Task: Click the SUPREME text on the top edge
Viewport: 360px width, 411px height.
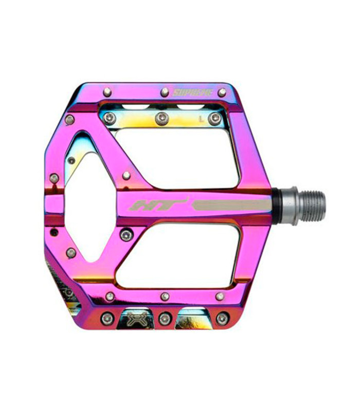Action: pos(191,93)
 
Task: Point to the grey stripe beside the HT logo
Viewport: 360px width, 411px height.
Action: pos(231,205)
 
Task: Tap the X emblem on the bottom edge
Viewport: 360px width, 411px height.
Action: pos(135,317)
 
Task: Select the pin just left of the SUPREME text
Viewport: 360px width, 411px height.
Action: pos(165,92)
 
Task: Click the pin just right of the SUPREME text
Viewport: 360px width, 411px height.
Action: pos(222,92)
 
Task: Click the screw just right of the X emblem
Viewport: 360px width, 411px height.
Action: pos(165,319)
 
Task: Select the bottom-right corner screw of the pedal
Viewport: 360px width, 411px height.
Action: pos(222,319)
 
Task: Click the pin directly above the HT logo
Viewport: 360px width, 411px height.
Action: pos(127,176)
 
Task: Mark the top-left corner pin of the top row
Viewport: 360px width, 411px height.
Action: pos(107,92)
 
